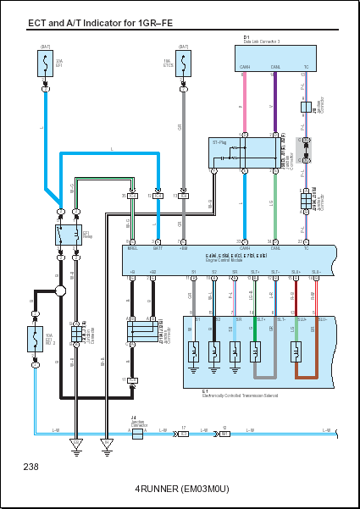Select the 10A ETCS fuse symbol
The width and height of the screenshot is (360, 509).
(x=181, y=63)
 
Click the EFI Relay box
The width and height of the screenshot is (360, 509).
(x=67, y=233)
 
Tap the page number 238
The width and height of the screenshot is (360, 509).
(x=31, y=466)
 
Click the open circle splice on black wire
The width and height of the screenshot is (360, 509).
(x=60, y=292)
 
